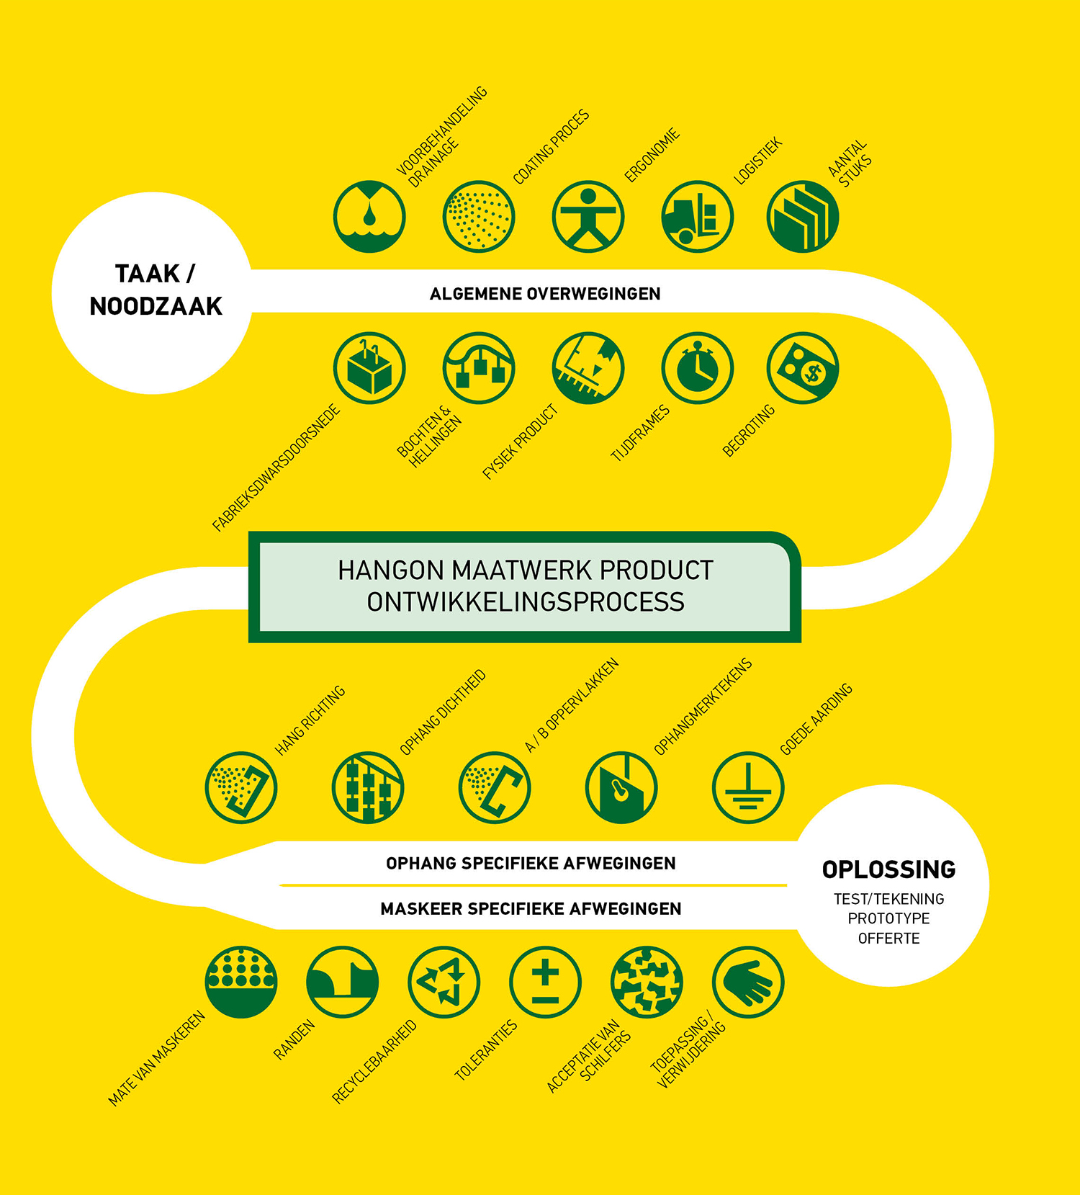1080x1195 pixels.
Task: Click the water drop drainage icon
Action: (369, 217)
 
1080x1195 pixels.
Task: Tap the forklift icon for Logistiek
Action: (697, 217)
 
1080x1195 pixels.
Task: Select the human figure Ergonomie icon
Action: (588, 217)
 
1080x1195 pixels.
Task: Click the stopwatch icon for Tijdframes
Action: (697, 368)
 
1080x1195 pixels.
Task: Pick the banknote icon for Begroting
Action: (803, 368)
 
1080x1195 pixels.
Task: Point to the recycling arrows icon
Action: (444, 982)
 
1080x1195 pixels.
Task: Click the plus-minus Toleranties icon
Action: (545, 982)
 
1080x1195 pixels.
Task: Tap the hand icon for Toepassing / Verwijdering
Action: (748, 982)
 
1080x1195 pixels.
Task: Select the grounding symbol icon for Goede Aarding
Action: (748, 787)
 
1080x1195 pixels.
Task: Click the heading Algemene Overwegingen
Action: (545, 294)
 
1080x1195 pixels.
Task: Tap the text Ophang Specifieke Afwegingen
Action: (531, 864)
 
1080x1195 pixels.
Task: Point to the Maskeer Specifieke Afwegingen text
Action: (531, 909)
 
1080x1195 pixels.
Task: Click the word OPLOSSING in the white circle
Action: (888, 870)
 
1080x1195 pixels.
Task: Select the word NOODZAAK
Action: (156, 307)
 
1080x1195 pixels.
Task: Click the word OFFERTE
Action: (888, 939)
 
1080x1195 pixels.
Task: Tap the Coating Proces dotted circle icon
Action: (478, 217)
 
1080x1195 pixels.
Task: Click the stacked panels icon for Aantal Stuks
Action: (803, 217)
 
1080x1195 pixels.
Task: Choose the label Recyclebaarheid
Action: (374, 1062)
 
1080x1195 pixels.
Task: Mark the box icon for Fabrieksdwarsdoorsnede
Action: (369, 368)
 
